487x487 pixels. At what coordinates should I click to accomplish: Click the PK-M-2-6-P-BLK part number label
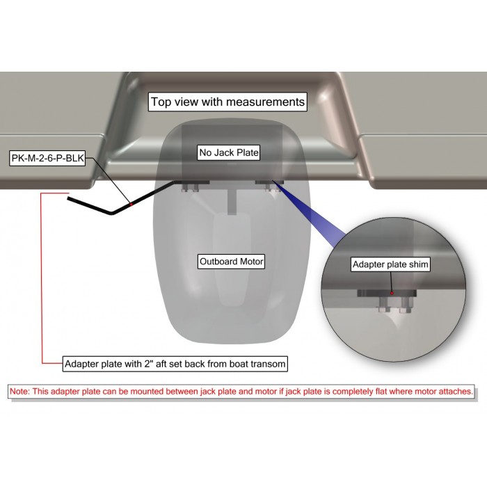[x=47, y=158]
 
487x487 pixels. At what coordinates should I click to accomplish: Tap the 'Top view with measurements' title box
[x=227, y=102]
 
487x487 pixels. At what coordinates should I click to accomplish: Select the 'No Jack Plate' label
[x=229, y=152]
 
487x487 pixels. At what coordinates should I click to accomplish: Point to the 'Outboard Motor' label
[x=232, y=262]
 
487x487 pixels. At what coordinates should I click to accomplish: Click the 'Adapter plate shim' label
[x=390, y=264]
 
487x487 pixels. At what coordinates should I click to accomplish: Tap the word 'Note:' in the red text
[x=19, y=391]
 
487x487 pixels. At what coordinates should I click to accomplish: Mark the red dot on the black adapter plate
[x=131, y=204]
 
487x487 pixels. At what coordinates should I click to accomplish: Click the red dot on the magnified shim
[x=392, y=293]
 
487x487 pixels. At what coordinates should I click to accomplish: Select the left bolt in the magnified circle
[x=384, y=305]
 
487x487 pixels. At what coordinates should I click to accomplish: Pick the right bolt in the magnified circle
[x=406, y=305]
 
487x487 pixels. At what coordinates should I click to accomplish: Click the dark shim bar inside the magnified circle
[x=387, y=293]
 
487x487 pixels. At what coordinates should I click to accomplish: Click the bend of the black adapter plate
[x=112, y=213]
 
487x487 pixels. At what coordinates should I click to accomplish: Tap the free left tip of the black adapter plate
[x=68, y=198]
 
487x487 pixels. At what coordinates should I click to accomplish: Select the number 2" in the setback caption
[x=147, y=363]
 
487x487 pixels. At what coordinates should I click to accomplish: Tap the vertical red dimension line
[x=42, y=278]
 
